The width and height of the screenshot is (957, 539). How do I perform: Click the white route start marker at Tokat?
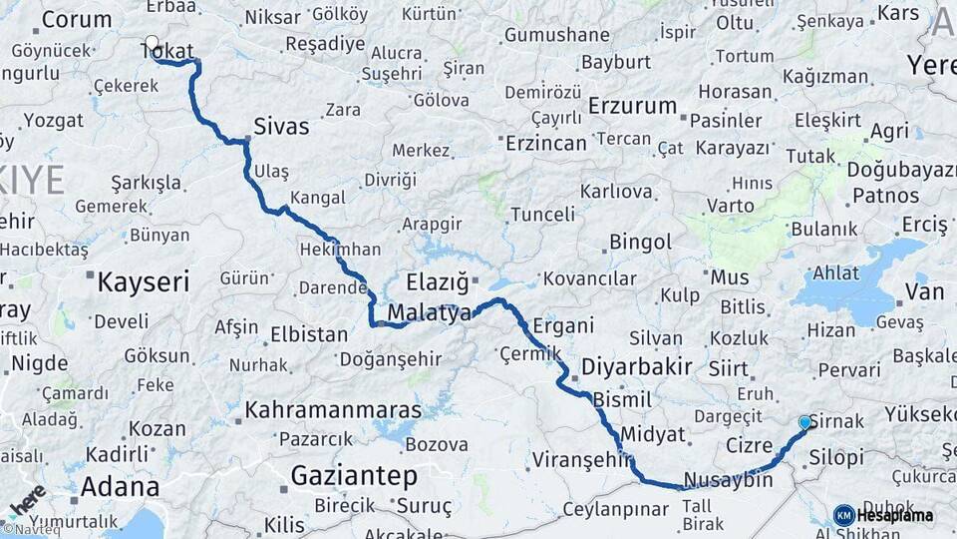point(152,43)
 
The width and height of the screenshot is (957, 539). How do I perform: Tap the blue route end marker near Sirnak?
point(804,422)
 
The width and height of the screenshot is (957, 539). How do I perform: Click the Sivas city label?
point(281,128)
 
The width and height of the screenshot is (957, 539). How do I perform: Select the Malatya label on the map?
point(429,313)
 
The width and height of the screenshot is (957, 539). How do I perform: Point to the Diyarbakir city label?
point(636,367)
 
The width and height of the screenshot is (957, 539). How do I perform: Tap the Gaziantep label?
point(354,476)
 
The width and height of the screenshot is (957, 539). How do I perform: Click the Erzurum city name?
point(632,106)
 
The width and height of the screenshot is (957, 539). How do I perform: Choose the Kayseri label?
point(143,281)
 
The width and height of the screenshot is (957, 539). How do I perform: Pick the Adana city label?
point(120,487)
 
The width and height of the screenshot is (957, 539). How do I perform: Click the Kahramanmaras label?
point(333,410)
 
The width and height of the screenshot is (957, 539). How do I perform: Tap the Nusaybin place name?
point(728,480)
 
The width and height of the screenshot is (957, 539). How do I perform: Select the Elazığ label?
point(437,281)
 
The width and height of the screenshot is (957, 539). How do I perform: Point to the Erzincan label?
point(545,143)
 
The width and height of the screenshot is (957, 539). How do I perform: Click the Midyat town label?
point(653,434)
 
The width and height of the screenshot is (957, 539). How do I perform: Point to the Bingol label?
point(641,242)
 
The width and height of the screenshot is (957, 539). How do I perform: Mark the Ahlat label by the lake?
point(835,272)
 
